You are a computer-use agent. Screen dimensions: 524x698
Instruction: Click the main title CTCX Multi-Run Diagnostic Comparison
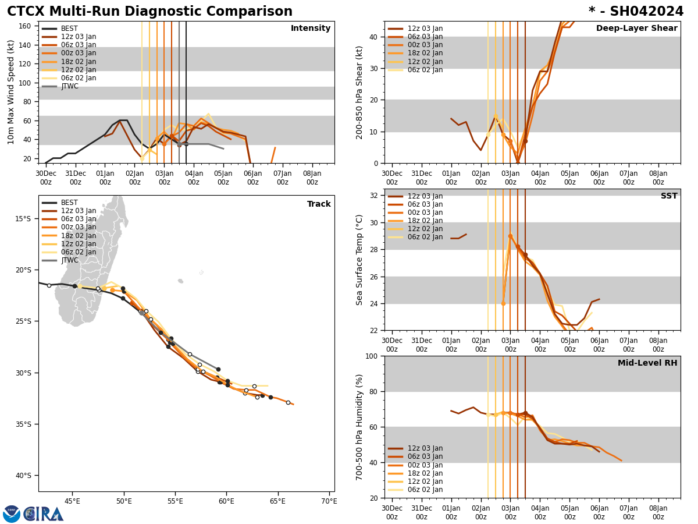149,12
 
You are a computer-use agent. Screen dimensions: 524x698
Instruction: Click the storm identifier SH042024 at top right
636,12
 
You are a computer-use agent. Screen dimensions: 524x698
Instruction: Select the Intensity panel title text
310,29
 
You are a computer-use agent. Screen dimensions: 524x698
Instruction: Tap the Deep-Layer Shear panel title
636,29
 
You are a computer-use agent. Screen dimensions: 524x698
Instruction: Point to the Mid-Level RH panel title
647,363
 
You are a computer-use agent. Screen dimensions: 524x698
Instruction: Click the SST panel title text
668,196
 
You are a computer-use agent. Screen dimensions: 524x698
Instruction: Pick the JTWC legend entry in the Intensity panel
70,86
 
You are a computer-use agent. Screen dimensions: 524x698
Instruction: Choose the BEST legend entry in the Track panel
69,203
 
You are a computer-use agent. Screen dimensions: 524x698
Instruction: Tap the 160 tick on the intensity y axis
25,26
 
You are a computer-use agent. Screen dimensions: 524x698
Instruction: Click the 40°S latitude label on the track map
23,476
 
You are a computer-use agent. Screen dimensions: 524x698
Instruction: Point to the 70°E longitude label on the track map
329,501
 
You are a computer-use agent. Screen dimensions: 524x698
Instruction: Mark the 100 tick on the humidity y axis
370,356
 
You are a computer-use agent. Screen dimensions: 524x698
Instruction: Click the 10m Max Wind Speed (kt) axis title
11,92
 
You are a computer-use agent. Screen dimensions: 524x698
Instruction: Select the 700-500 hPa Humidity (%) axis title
359,427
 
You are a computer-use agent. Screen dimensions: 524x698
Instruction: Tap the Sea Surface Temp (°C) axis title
359,260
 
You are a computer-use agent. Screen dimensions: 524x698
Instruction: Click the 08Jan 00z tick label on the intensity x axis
312,178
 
